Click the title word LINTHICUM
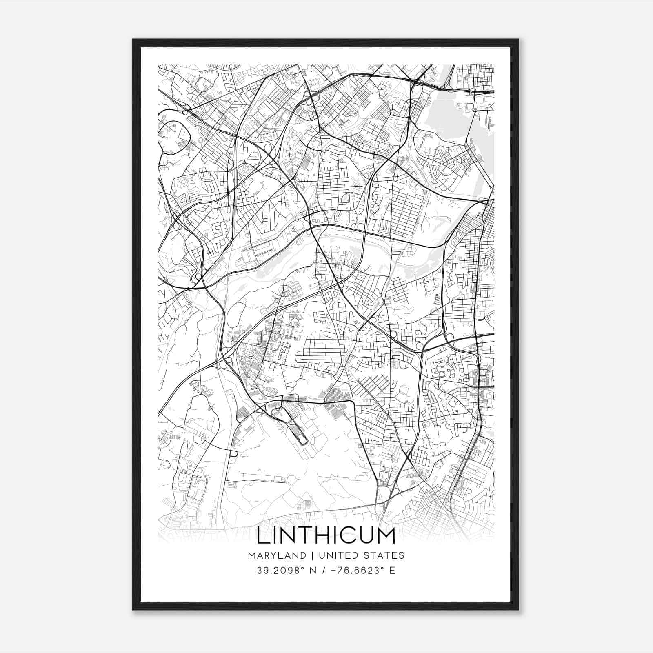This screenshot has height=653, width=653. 326,536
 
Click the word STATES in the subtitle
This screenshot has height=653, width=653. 384,555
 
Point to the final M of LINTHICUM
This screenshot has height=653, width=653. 386,536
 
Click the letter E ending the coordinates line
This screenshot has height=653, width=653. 393,571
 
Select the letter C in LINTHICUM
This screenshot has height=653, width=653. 348,536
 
